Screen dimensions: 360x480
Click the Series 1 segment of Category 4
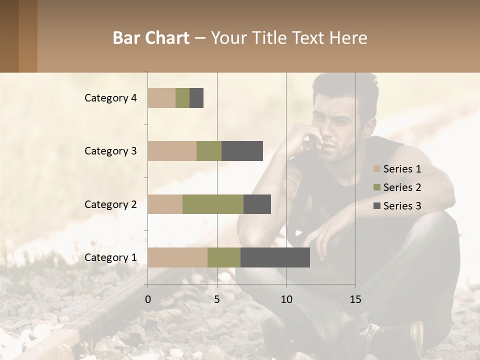click(161, 98)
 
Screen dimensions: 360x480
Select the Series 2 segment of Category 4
click(182, 98)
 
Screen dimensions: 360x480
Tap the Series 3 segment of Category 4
click(196, 98)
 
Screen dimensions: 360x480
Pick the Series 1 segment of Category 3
click(172, 151)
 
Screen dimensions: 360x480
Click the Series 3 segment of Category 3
click(242, 151)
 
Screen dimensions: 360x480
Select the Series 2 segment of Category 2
click(213, 204)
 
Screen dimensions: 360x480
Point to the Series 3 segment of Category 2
click(257, 204)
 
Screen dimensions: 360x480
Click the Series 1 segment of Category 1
click(177, 257)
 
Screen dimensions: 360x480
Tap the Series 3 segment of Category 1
click(275, 257)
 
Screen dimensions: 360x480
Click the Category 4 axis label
click(110, 98)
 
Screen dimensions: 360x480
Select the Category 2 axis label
click(110, 204)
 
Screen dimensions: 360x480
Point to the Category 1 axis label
click(110, 257)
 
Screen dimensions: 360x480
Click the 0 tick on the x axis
click(148, 299)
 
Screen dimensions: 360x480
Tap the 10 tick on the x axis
click(286, 299)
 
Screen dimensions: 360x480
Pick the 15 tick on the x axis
click(355, 299)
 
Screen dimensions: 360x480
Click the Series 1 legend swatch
click(376, 169)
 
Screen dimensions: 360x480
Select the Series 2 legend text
click(402, 187)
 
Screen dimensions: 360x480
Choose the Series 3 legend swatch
click(376, 206)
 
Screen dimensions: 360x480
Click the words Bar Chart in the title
click(150, 38)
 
